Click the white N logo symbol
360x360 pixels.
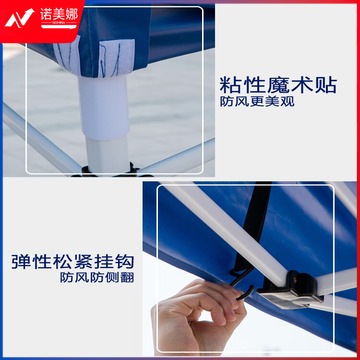[x=19, y=18]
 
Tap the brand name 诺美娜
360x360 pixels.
[x=59, y=14]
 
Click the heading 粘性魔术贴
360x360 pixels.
[x=278, y=86]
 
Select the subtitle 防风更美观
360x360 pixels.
[x=257, y=102]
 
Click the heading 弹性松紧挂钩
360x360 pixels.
[x=72, y=262]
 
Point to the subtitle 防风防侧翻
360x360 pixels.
[x=97, y=277]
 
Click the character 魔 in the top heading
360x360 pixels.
[x=278, y=86]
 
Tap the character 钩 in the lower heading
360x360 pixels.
[x=124, y=262]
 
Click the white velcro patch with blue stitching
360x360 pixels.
[x=116, y=57]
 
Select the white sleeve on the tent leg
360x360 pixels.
[x=104, y=107]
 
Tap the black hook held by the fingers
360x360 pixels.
[x=243, y=284]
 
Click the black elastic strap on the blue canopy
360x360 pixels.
[x=252, y=227]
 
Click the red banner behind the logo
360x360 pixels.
[x=41, y=21]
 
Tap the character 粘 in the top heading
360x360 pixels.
[x=230, y=86]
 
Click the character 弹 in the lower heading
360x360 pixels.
[x=21, y=262]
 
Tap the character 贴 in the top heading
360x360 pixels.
[x=327, y=86]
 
